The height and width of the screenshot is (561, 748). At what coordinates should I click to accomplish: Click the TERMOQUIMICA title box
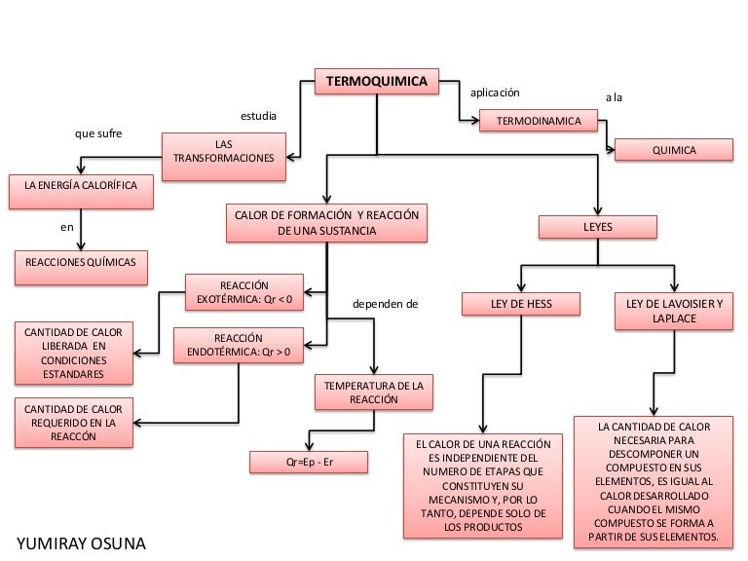(376, 82)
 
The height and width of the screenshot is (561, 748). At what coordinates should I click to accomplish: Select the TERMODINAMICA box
(539, 121)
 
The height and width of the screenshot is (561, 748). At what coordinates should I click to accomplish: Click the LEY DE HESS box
(520, 305)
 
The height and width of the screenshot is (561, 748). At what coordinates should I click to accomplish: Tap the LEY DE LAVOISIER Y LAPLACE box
(675, 311)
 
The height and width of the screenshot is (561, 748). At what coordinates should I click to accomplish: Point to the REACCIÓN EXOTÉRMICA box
(244, 292)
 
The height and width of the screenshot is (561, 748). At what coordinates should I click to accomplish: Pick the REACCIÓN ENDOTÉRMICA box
(238, 344)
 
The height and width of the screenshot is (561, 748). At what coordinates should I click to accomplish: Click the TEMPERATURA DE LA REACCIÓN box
(374, 393)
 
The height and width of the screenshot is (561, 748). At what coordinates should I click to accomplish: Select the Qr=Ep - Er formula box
(310, 460)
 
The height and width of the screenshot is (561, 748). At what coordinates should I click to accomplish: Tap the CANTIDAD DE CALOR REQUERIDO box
(74, 423)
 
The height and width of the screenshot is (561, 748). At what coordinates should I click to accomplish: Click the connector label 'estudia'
(258, 117)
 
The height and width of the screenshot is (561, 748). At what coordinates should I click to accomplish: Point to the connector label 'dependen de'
(385, 304)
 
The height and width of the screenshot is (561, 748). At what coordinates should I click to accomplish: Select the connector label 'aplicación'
(495, 93)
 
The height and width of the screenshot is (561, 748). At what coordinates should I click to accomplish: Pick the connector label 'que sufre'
(99, 133)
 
